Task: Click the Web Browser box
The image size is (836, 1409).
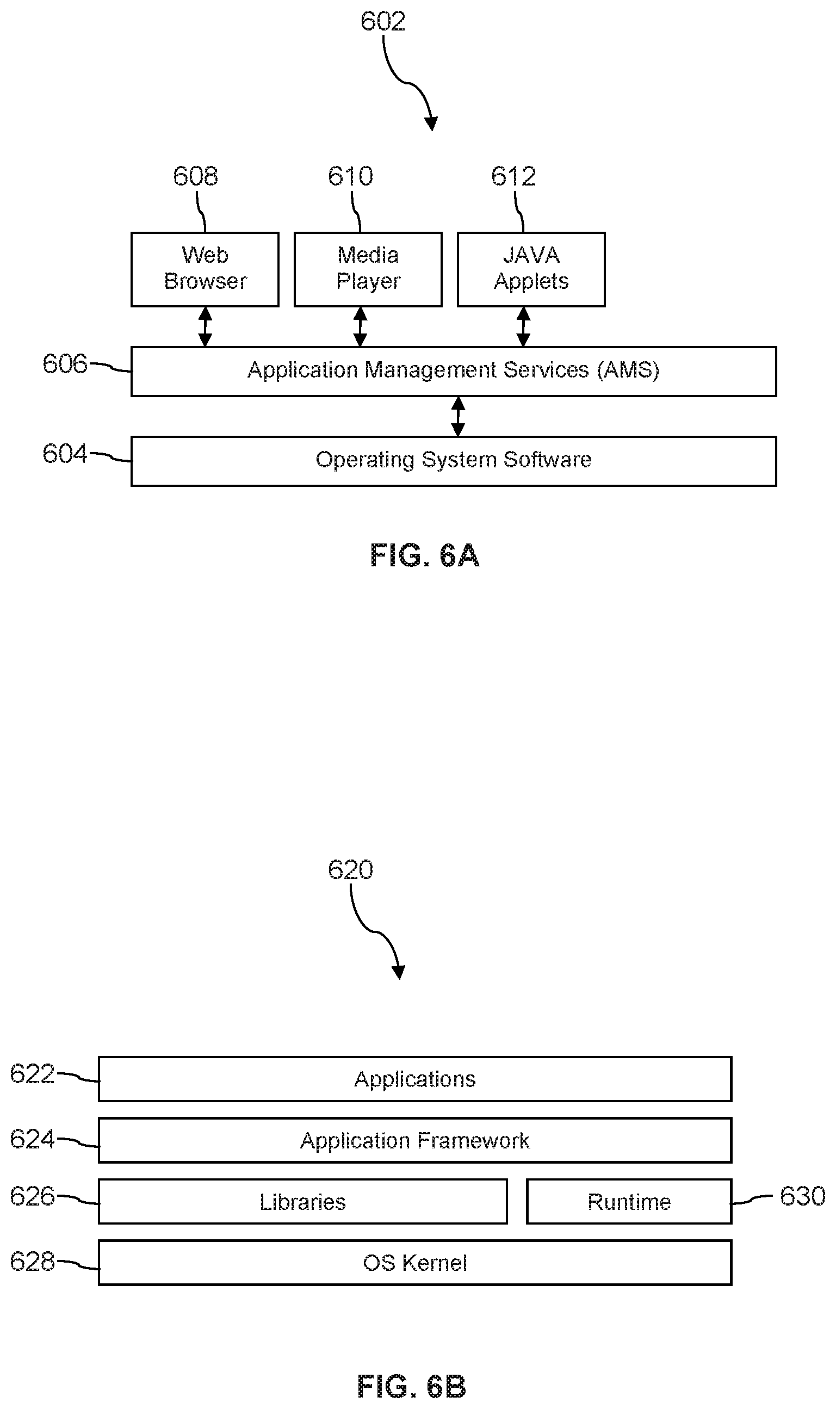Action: tap(205, 269)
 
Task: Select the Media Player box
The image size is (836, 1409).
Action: tap(368, 269)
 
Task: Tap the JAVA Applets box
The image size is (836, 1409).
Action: tap(531, 269)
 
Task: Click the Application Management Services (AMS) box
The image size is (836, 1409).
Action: tap(454, 371)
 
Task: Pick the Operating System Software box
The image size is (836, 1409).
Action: tap(454, 461)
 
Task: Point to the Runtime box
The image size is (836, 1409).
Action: tap(629, 1202)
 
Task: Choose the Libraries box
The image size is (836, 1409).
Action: tap(302, 1202)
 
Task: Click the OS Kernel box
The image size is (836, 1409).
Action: tap(414, 1263)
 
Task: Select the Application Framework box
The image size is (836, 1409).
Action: tap(414, 1140)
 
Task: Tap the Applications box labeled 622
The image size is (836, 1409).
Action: tap(414, 1079)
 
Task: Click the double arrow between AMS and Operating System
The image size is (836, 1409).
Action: tap(458, 416)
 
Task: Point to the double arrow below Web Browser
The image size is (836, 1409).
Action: tap(205, 327)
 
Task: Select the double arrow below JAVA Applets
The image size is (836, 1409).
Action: tap(523, 327)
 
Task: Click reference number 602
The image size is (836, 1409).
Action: tap(382, 21)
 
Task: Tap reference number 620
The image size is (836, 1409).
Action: tap(350, 870)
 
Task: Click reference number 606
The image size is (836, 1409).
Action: tap(65, 364)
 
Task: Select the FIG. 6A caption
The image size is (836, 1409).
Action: tap(424, 555)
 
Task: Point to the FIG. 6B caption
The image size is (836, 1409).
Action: tap(411, 1386)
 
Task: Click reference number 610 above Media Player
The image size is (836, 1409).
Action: tap(350, 176)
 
